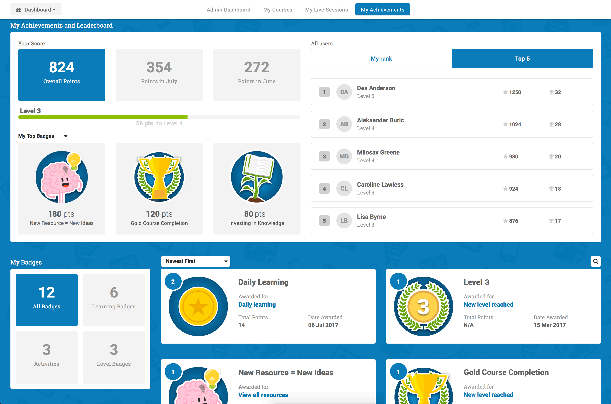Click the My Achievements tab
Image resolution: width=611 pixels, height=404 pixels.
point(382,10)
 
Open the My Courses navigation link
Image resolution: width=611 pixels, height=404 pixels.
point(277,10)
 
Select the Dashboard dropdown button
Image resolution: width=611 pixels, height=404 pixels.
point(36,10)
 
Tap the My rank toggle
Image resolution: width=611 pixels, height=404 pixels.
point(381,58)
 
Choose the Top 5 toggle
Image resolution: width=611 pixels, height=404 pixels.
point(522,58)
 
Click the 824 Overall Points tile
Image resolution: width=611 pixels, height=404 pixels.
point(61,75)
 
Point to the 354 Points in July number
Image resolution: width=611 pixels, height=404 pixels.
point(159,67)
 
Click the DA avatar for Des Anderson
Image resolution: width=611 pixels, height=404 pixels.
point(344,92)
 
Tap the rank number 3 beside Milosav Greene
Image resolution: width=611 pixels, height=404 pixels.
point(324,156)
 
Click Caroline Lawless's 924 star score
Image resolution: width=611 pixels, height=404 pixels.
point(513,189)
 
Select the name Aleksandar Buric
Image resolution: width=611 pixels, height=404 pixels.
point(380,120)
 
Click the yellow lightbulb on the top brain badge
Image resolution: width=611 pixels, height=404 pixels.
point(74,160)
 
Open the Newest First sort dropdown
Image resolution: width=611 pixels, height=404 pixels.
point(195,261)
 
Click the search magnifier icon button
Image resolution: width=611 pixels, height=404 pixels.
point(595,261)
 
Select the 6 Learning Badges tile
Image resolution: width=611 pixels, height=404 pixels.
point(114,300)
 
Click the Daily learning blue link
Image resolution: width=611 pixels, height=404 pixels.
point(257,304)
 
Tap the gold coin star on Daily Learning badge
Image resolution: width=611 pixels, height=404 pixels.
point(198,307)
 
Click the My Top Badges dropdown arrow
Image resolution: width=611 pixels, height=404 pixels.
point(66,136)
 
